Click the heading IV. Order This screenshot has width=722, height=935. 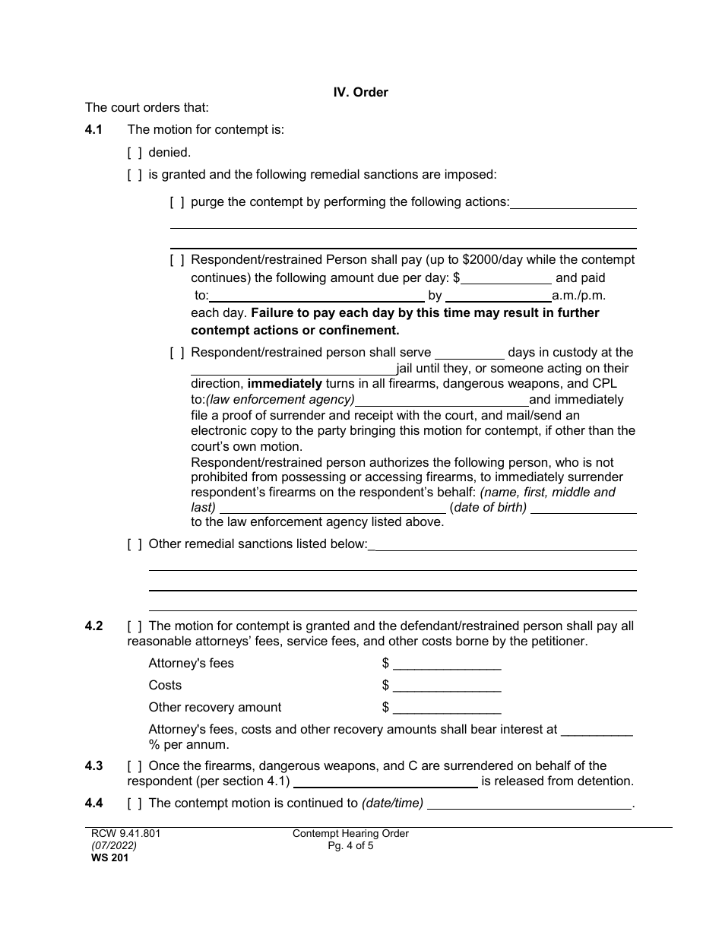360,92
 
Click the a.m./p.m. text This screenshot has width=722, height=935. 578,296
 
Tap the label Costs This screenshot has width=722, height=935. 165,686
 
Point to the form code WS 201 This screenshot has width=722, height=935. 104,858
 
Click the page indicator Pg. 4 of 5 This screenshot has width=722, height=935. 350,845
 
